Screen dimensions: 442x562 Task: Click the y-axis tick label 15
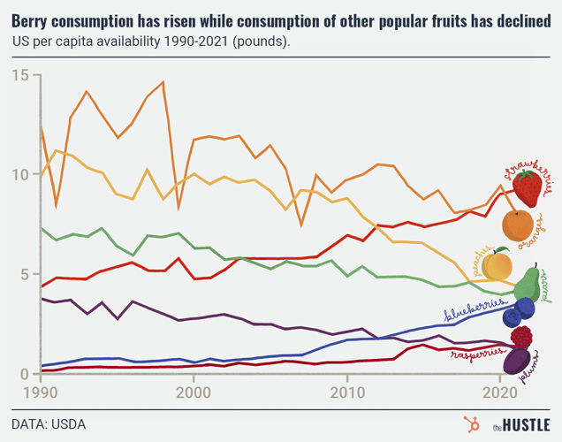coord(20,76)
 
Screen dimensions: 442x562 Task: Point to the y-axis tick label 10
coord(20,175)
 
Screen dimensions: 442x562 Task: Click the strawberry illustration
coord(528,189)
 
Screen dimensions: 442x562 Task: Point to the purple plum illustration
coord(516,361)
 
